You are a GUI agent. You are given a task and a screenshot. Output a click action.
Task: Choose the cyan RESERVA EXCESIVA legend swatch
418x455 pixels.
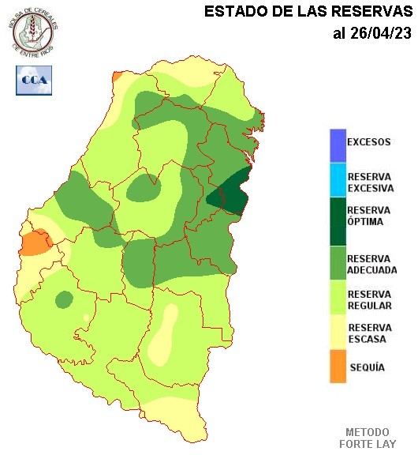338,179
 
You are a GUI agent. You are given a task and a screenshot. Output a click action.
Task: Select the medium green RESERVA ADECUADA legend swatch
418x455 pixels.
338,262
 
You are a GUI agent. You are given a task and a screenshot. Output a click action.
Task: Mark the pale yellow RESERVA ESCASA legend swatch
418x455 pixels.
338,333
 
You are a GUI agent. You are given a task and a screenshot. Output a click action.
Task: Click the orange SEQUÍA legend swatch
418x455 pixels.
338,367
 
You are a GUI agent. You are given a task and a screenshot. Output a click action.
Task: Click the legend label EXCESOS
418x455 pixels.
369,143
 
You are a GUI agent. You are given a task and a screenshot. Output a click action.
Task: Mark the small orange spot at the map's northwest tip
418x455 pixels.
117,77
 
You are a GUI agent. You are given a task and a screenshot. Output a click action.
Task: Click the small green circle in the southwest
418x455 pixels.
64,299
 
